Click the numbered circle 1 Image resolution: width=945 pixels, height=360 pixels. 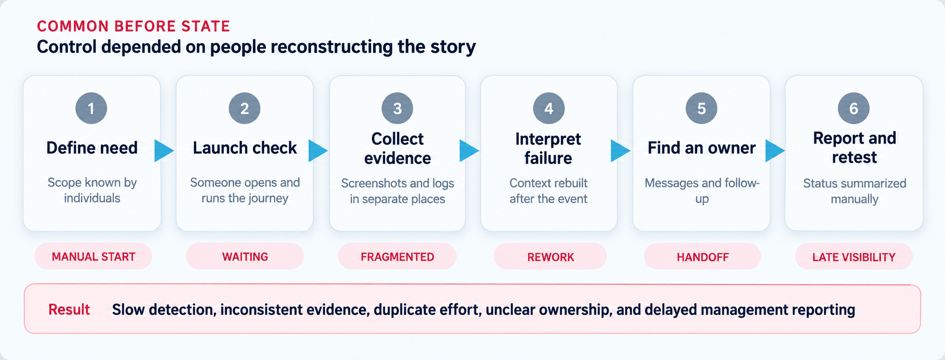(x=91, y=108)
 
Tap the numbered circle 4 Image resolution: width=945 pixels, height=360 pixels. (x=549, y=108)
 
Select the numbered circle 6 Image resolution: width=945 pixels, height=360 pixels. (x=854, y=108)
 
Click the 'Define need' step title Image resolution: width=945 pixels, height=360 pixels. (x=92, y=148)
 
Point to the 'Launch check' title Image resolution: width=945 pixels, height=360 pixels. (x=245, y=148)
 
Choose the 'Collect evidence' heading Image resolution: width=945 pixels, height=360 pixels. (x=398, y=148)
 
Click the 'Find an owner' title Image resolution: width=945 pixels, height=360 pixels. (x=702, y=148)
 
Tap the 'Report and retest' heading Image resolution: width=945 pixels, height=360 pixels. (x=854, y=147)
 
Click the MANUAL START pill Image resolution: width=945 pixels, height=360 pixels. (x=93, y=256)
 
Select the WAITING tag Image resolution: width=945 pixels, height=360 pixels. (x=245, y=256)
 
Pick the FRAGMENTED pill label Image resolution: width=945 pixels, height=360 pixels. (x=398, y=257)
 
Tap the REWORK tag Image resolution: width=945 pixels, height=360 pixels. (x=550, y=257)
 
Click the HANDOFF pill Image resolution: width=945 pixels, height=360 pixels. (x=702, y=257)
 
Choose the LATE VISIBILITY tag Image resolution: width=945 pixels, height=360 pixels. (x=854, y=257)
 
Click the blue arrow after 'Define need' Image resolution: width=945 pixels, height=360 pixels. (x=164, y=151)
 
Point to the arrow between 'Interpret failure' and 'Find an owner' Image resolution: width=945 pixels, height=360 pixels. (x=620, y=151)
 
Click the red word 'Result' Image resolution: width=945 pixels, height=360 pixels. (x=69, y=309)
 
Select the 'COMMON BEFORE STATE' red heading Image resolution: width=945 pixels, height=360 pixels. (x=133, y=26)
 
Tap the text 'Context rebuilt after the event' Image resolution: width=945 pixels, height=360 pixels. (x=548, y=191)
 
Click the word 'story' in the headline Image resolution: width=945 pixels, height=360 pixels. (x=453, y=47)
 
